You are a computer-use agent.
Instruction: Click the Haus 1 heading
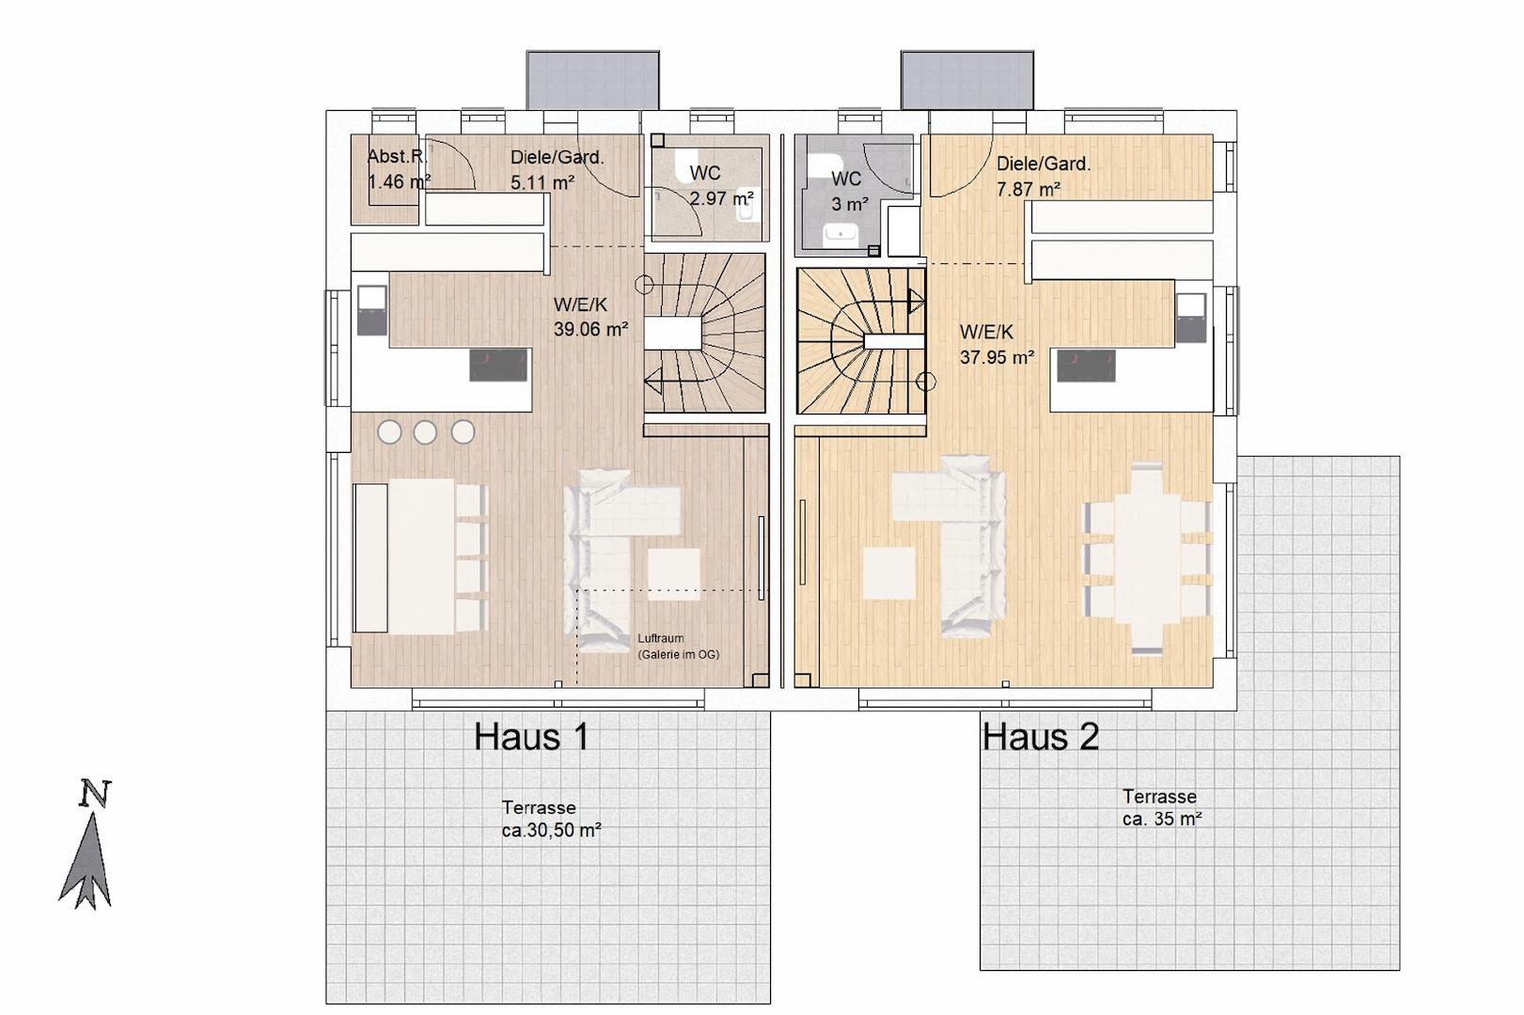pyautogui.click(x=531, y=737)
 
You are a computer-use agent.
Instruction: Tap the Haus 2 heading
pyautogui.click(x=1040, y=737)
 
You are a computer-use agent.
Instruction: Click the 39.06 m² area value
pyautogui.click(x=590, y=329)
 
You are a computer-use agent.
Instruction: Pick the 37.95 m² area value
pyautogui.click(x=997, y=357)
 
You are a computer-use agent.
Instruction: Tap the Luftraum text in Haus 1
pyautogui.click(x=661, y=638)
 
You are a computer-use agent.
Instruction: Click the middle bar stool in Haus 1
pyautogui.click(x=425, y=432)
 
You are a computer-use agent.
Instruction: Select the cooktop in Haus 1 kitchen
pyautogui.click(x=499, y=366)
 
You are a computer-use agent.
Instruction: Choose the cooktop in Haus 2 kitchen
pyautogui.click(x=1086, y=366)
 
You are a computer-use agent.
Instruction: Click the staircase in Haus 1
pyautogui.click(x=704, y=333)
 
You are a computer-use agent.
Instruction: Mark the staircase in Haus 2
pyautogui.click(x=860, y=341)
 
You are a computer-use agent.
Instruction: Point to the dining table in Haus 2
pyautogui.click(x=1147, y=559)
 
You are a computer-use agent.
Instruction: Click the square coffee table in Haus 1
pyautogui.click(x=673, y=574)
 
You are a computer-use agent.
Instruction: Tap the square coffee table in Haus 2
pyautogui.click(x=889, y=572)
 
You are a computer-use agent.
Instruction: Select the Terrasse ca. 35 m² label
pyautogui.click(x=1161, y=807)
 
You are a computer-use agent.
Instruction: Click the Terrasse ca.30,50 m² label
pyautogui.click(x=551, y=820)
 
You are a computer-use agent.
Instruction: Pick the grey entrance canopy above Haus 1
pyautogui.click(x=592, y=80)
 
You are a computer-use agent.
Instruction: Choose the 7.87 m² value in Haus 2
pyautogui.click(x=1028, y=189)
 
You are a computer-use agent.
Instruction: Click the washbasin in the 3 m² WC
pyautogui.click(x=841, y=237)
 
